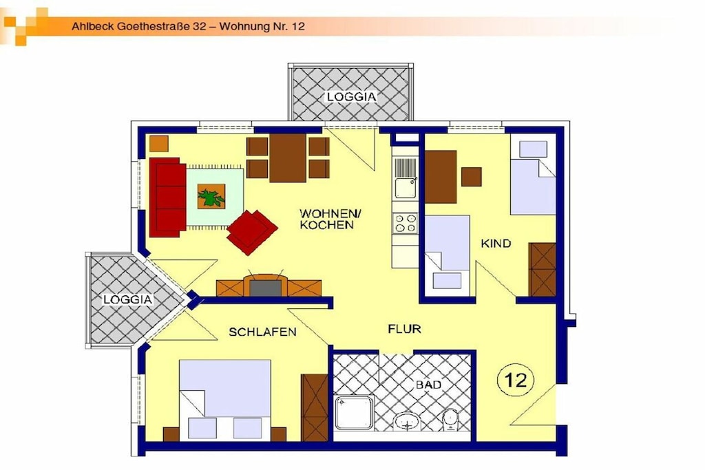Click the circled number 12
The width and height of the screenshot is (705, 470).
(x=516, y=380)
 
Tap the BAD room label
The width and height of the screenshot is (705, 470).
(x=428, y=385)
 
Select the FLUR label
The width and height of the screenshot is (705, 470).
(x=404, y=329)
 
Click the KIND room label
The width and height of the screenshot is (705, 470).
(x=496, y=244)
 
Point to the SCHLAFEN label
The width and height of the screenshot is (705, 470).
(x=262, y=332)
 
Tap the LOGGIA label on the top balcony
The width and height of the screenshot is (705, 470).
(x=352, y=96)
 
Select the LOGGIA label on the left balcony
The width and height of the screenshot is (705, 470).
(x=128, y=300)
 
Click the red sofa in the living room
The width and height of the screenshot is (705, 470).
(x=167, y=197)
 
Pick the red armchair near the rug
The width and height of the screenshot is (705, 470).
(x=252, y=232)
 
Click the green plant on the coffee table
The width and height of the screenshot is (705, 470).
(x=211, y=197)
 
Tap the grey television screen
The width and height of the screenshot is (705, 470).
(x=265, y=288)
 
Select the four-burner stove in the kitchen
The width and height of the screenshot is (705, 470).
(x=405, y=224)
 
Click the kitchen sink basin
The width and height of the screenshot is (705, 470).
(x=405, y=188)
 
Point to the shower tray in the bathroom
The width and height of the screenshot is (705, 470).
(x=355, y=412)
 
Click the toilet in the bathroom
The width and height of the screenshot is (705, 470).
(x=450, y=420)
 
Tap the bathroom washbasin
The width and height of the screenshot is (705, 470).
(x=408, y=422)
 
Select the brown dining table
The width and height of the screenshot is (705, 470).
(x=288, y=158)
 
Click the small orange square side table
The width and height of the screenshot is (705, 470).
(x=159, y=143)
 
